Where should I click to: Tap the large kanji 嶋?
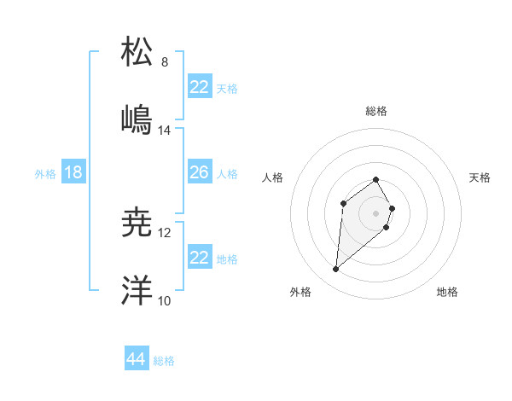137,119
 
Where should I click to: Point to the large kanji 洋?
137,290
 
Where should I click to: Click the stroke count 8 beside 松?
165,62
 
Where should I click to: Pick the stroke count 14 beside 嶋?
165,131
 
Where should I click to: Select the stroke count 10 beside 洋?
165,301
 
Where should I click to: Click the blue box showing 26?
199,172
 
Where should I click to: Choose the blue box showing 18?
73,172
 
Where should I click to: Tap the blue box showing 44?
136,359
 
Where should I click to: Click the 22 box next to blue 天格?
199,87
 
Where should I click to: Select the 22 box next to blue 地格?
199,258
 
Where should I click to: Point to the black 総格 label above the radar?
375,111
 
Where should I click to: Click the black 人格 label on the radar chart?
274,177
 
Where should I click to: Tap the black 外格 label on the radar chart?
300,292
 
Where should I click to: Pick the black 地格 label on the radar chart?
447,292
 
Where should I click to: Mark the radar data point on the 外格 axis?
336,270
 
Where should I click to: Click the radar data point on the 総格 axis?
375,179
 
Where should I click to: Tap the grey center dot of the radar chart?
375,212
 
